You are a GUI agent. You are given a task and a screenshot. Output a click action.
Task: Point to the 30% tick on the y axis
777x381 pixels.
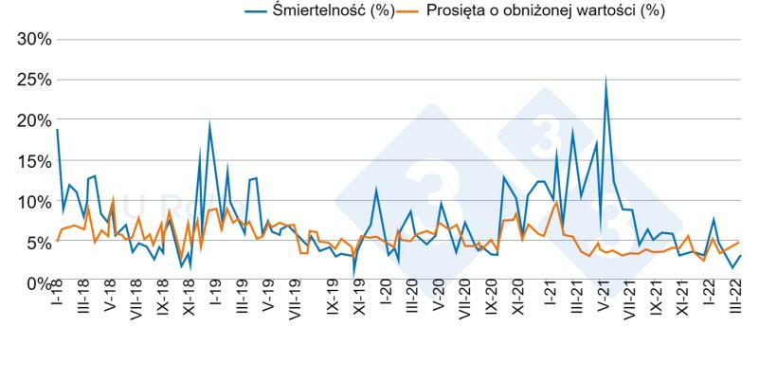click(32, 40)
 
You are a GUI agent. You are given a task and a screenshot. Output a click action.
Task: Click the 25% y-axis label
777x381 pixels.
click(32, 81)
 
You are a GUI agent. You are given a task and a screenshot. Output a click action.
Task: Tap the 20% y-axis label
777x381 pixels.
click(32, 121)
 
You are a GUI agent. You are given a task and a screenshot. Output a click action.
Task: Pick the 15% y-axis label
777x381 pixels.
click(32, 161)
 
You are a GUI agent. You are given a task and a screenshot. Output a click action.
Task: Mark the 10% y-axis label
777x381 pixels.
click(32, 202)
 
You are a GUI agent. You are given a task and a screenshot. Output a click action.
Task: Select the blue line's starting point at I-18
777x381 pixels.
click(57, 130)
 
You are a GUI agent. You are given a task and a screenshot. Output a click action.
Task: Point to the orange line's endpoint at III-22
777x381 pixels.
click(739, 243)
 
